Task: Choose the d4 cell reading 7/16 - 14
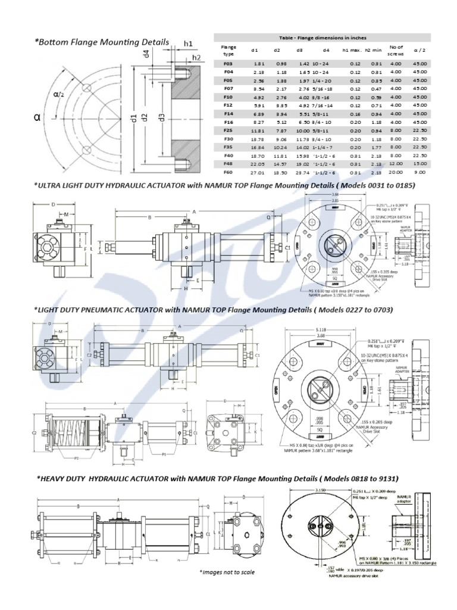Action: point(326,104)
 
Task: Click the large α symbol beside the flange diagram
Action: point(37,118)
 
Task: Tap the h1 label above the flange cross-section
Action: point(188,43)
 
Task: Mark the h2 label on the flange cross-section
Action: point(196,57)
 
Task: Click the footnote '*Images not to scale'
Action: point(227,572)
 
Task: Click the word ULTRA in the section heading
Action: point(52,185)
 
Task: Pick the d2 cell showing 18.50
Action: point(277,172)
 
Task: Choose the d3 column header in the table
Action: point(300,49)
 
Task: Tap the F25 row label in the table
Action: point(227,129)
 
